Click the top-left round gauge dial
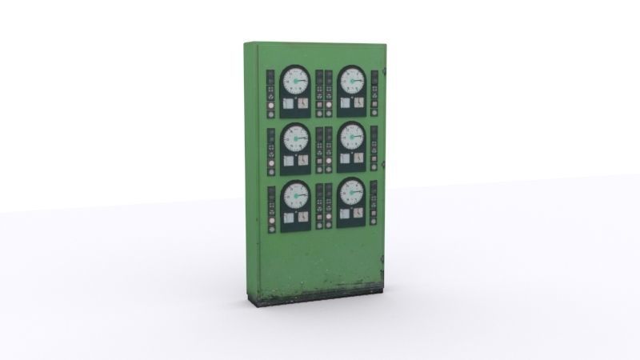(x=295, y=81)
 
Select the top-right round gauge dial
(x=351, y=81)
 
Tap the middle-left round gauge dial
(x=295, y=138)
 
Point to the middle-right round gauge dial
(x=351, y=138)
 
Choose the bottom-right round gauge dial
(x=351, y=194)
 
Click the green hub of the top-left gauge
(x=297, y=81)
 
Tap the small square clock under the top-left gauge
(x=302, y=103)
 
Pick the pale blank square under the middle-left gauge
(x=288, y=160)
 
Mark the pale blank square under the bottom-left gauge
(x=288, y=216)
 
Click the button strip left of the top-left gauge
(x=271, y=93)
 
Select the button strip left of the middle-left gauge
(x=271, y=150)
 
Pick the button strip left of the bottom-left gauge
(x=271, y=206)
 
